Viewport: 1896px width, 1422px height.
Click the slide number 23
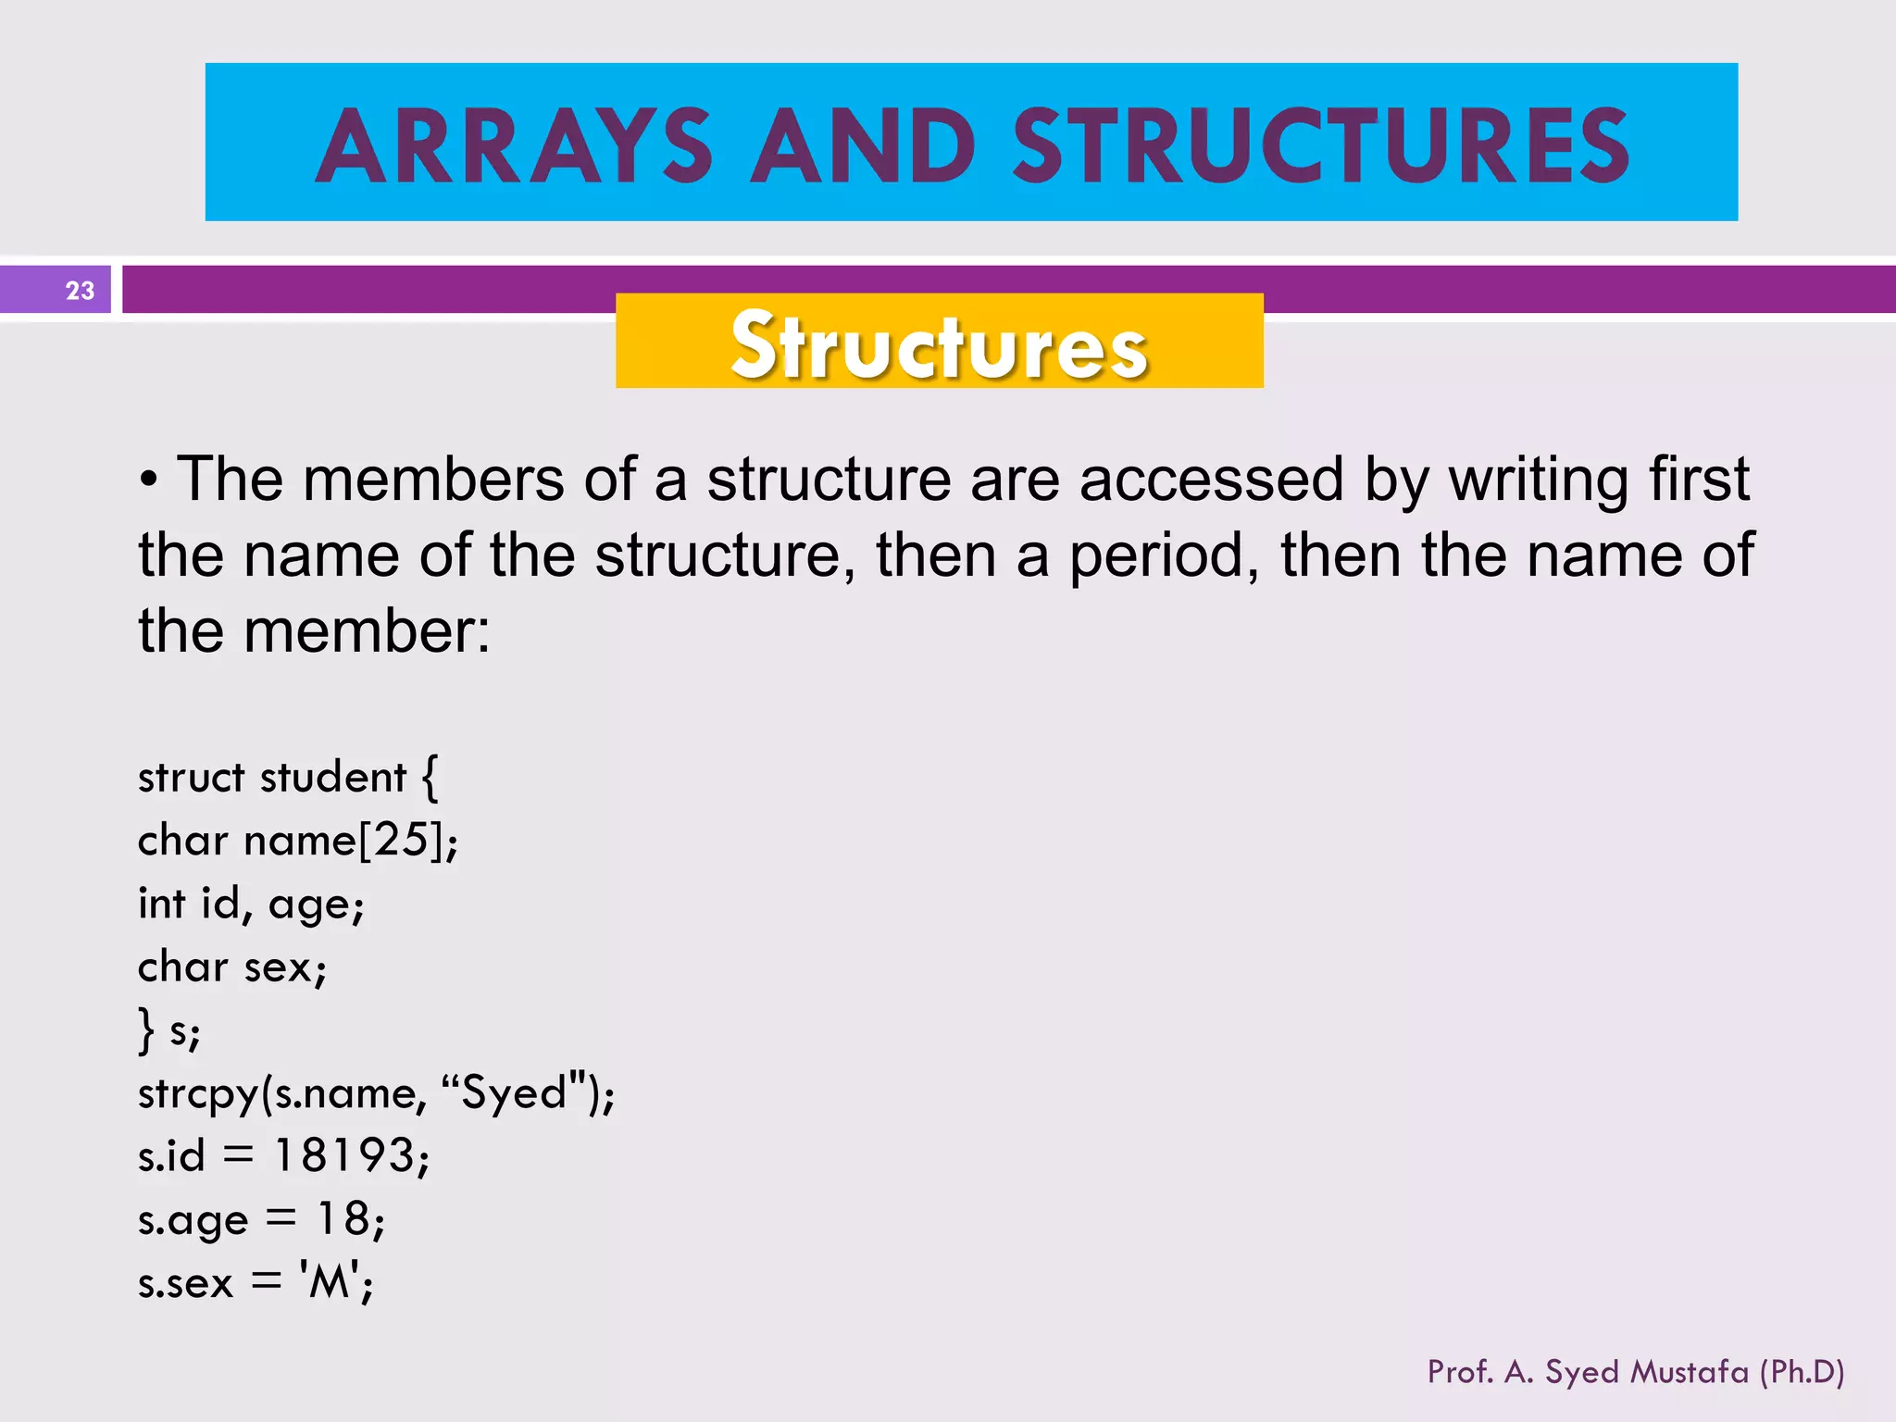80,291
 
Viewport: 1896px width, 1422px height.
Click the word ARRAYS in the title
514,146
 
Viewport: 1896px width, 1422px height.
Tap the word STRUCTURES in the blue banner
1321,146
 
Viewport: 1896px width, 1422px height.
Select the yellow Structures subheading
939,344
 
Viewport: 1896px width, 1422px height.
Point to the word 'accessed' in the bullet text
1211,480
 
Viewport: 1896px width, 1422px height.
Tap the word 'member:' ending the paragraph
367,631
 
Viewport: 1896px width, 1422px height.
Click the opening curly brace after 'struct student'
430,777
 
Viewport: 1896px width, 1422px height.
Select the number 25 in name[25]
401,841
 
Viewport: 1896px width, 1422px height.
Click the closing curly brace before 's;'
145,1030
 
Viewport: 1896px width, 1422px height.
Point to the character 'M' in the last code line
329,1282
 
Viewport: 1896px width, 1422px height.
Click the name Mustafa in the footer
1690,1371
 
